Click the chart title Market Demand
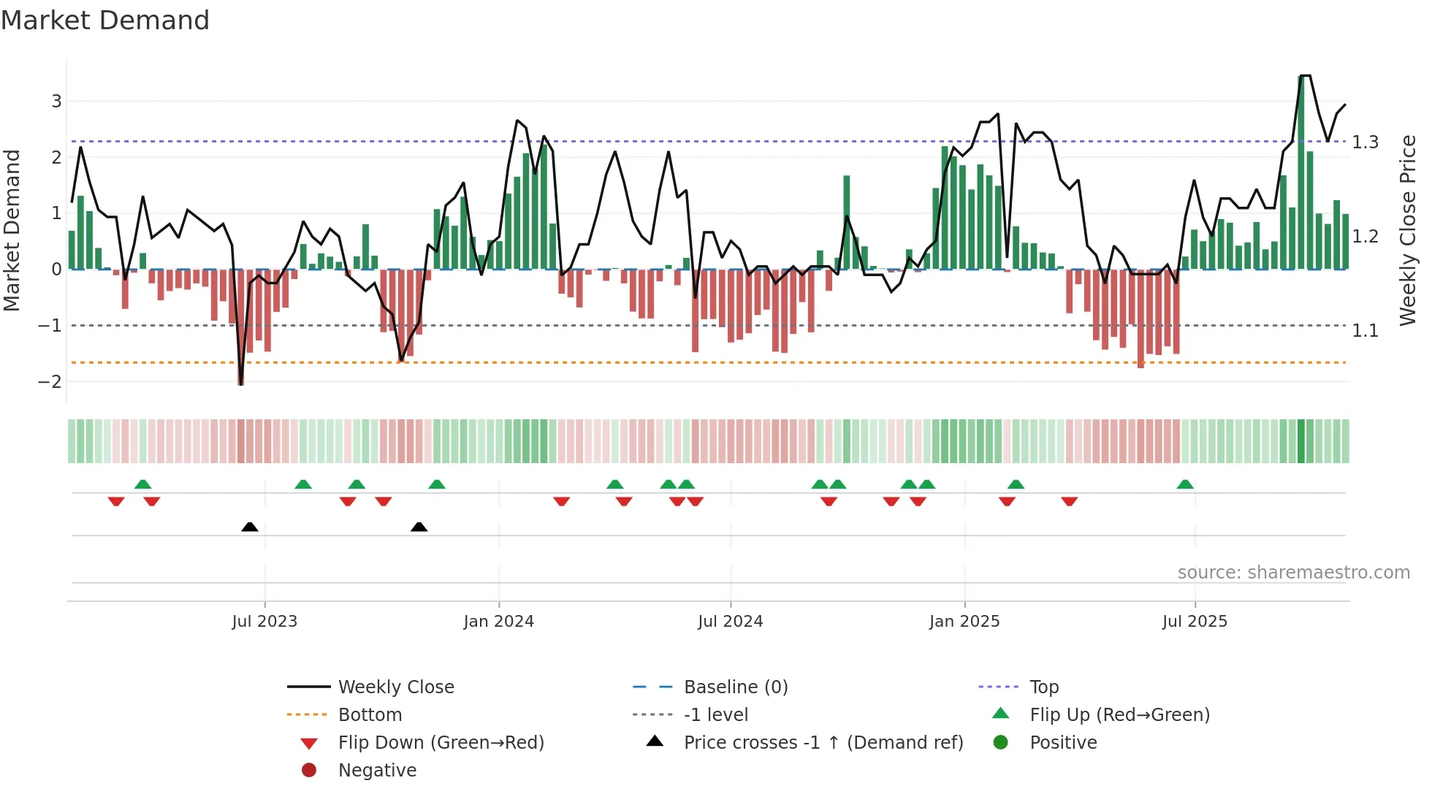[105, 20]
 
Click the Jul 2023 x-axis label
[264, 622]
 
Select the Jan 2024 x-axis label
[498, 622]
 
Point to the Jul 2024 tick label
[730, 622]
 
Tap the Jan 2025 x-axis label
[964, 622]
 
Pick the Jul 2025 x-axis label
[1195, 622]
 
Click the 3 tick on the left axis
[56, 102]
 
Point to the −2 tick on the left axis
[50, 381]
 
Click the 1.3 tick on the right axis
[1365, 142]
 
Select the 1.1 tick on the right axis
[1365, 331]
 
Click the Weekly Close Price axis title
[1408, 230]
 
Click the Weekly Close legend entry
[395, 687]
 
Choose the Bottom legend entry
[370, 715]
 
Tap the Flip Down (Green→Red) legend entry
[441, 743]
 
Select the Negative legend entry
[377, 771]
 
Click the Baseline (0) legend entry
[735, 687]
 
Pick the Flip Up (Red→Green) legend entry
[1119, 715]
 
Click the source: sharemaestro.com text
[1293, 573]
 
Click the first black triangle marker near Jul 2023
[250, 527]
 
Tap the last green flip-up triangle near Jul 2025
[1185, 484]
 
